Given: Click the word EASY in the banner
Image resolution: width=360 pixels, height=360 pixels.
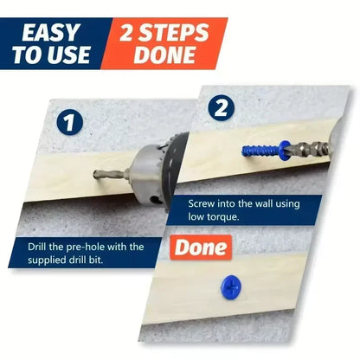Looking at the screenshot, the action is tap(50, 32).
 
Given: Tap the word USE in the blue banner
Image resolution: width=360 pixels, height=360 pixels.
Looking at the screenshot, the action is tap(69, 55).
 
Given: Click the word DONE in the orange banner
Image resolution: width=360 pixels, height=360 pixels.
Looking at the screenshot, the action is tap(164, 55).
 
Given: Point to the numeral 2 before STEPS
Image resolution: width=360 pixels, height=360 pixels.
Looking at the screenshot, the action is tap(127, 32).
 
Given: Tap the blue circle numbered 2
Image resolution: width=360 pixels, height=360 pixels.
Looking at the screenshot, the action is tap(222, 108).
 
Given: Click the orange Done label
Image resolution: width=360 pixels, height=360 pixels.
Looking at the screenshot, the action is tap(201, 247).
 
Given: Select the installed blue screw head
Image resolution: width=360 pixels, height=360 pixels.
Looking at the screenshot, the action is tap(231, 286).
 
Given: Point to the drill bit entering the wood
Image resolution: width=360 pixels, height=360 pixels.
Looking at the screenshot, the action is tap(111, 174).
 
